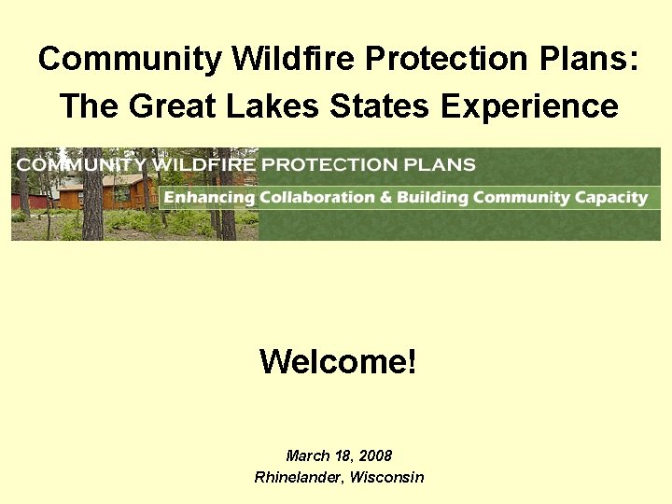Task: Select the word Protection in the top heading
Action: (434, 59)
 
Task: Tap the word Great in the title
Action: (167, 105)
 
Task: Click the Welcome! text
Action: (338, 360)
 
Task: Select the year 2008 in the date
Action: (375, 455)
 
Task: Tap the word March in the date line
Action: (307, 455)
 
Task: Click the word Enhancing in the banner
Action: (209, 197)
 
